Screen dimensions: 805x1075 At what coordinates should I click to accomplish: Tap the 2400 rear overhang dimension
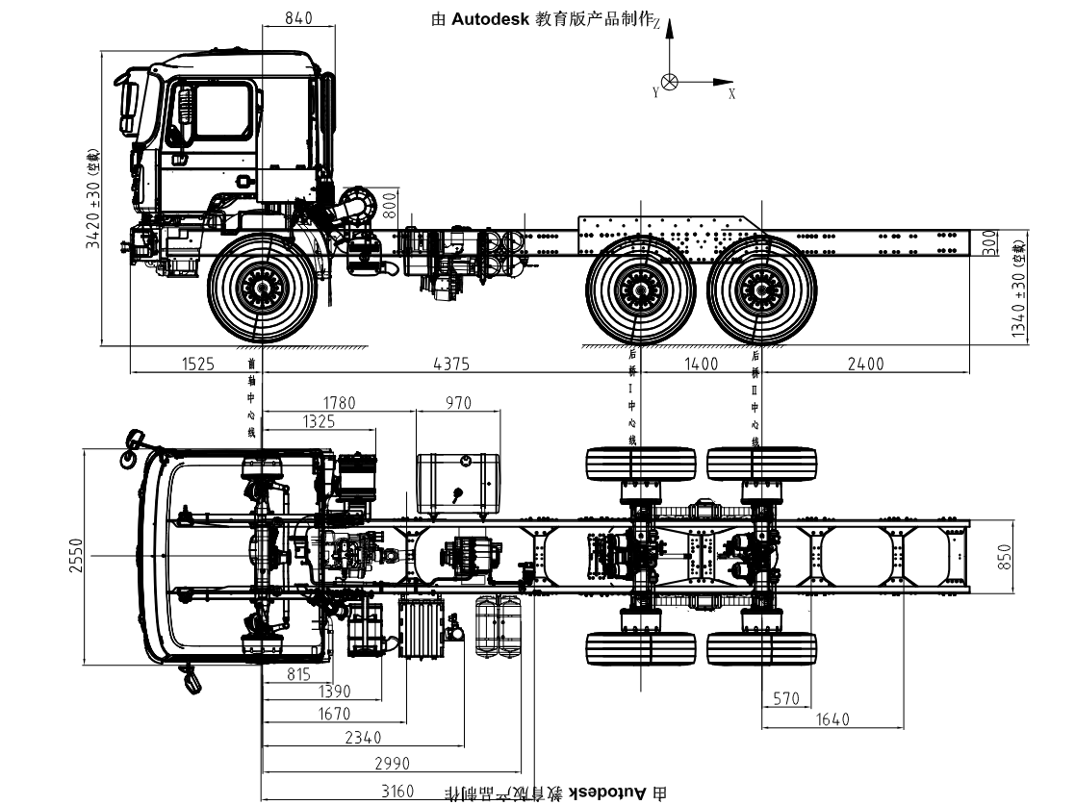(864, 364)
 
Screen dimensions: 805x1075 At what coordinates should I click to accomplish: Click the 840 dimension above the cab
(299, 17)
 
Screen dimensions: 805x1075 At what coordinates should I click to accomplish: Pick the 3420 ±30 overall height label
(93, 200)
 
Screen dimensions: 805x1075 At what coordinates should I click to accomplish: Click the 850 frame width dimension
(1006, 556)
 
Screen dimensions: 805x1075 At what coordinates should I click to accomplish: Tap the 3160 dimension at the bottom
(397, 791)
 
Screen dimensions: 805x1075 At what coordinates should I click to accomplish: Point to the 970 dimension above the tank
(458, 402)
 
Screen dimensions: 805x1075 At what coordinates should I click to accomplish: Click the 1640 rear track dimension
(832, 719)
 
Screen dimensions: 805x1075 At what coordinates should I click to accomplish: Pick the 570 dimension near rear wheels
(786, 698)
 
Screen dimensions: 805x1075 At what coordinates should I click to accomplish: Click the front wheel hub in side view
(262, 287)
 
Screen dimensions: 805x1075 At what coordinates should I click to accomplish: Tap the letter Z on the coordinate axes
(656, 26)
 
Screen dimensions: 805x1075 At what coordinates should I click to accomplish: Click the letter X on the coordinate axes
(731, 94)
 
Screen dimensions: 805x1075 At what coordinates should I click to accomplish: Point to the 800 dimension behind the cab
(389, 204)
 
